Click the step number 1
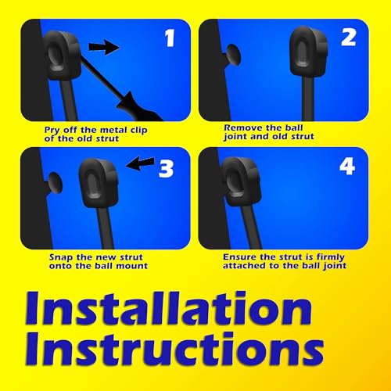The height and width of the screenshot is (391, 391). coord(170,38)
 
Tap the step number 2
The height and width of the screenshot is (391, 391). coord(349,38)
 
